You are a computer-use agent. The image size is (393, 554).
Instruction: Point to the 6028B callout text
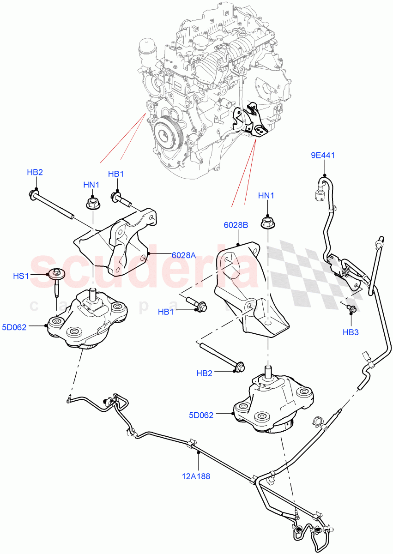[236, 225]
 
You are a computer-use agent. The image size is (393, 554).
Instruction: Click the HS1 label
[21, 276]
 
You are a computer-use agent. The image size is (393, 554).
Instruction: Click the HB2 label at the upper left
[35, 172]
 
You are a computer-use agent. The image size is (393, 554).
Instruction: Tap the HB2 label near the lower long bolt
[204, 373]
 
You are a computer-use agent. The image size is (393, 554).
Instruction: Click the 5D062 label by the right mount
[201, 415]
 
